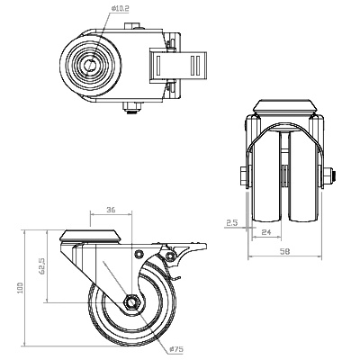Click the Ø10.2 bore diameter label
point(121,9)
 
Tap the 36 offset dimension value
point(111,210)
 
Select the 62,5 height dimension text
point(42,265)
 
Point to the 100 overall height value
point(20,288)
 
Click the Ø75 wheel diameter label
point(176,349)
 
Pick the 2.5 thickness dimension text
point(231,222)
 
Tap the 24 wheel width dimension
point(266,232)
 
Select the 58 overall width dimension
point(284,251)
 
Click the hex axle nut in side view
point(132,302)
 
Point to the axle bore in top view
point(91,66)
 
